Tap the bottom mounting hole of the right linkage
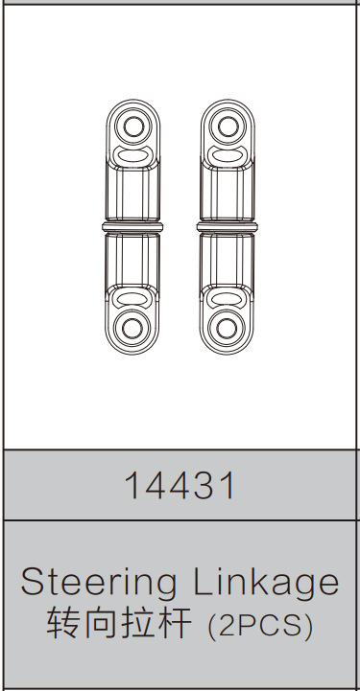pos(227,327)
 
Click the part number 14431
pos(180,486)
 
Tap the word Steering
pos(98,582)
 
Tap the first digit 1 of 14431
pos(131,486)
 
